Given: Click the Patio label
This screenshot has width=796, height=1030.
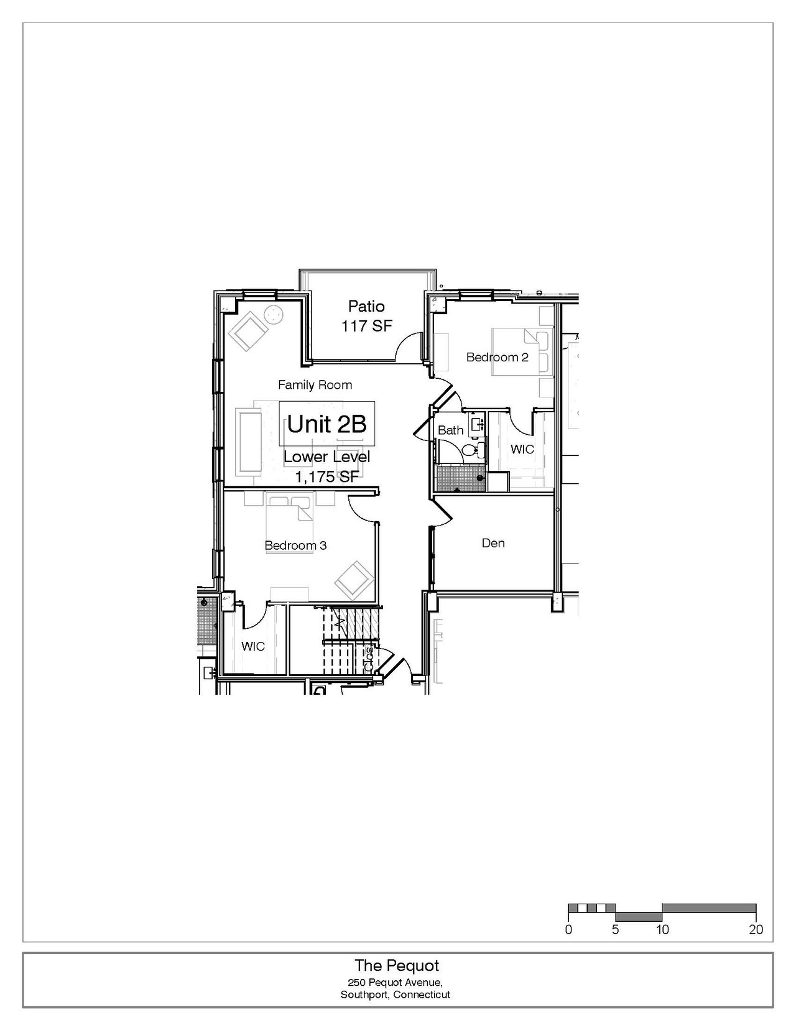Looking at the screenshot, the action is coord(366,306).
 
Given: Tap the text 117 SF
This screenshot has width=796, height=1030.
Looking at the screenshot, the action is coord(367,326).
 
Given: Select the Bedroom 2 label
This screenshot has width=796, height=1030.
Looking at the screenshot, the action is coord(497,357).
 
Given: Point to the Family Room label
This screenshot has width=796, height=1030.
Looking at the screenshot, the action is coord(315,385).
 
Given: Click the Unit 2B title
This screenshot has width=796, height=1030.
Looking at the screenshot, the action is coord(327,424).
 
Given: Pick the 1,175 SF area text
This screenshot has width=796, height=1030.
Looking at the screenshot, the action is coord(327,476).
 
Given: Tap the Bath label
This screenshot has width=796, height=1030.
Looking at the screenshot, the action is coord(450,430).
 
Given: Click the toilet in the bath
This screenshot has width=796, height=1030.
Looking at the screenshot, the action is coord(473,449).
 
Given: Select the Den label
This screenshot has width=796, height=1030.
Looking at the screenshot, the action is coord(493,543).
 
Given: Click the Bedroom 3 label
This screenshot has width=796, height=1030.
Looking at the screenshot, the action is coord(295,545).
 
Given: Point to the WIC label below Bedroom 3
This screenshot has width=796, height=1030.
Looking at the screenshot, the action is coord(252,646).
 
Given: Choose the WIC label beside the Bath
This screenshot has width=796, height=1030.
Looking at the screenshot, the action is coord(522,449).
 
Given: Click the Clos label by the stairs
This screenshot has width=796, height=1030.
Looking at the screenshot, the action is coord(370,659).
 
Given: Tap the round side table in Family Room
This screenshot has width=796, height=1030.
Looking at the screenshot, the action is coord(274,315).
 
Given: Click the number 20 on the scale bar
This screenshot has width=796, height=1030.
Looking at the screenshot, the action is coord(756,929).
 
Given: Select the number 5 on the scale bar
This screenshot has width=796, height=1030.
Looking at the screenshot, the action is coord(615,929).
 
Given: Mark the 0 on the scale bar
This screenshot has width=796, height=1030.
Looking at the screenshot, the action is coord(568,929).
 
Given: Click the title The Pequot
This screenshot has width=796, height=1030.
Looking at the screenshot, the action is coord(397,965).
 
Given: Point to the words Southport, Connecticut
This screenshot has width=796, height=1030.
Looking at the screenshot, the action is coord(395,995).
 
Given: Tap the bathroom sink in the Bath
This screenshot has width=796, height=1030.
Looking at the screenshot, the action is coord(476,422).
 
